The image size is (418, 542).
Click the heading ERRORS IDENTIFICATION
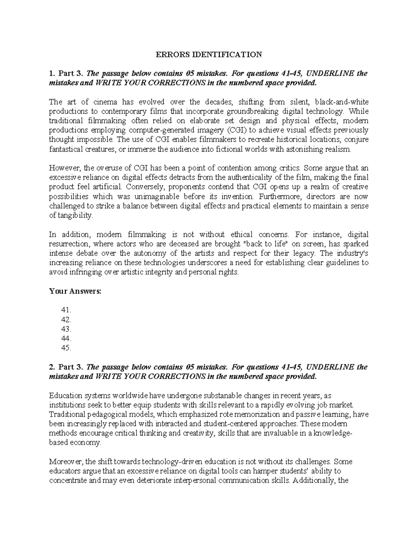(208, 54)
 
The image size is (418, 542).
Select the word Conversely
(144, 187)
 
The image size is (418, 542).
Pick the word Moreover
(66, 462)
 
